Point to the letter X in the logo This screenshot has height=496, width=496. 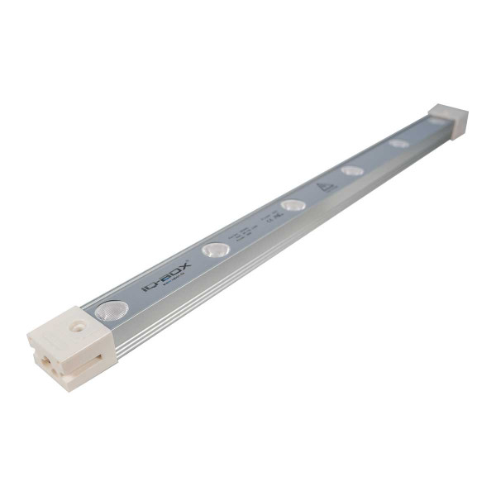[x=184, y=265]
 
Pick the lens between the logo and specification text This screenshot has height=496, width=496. [x=217, y=248]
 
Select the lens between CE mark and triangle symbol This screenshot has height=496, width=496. [x=292, y=204]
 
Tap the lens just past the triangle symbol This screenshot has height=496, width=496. [x=352, y=170]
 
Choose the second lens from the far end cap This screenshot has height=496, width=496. [x=400, y=143]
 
